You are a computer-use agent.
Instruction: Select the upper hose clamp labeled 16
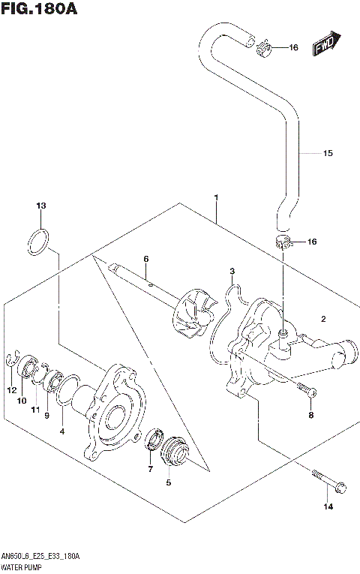pyautogui.click(x=264, y=50)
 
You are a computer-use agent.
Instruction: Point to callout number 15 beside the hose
pyautogui.click(x=327, y=154)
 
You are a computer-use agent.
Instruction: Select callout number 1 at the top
pyautogui.click(x=216, y=198)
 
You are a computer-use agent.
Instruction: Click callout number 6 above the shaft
pyautogui.click(x=146, y=259)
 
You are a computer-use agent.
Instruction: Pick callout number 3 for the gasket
pyautogui.click(x=232, y=271)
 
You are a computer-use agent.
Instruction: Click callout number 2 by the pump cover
pyautogui.click(x=323, y=319)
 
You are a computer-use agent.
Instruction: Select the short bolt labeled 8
pyautogui.click(x=307, y=390)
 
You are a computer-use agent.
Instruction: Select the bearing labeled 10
pyautogui.click(x=31, y=368)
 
